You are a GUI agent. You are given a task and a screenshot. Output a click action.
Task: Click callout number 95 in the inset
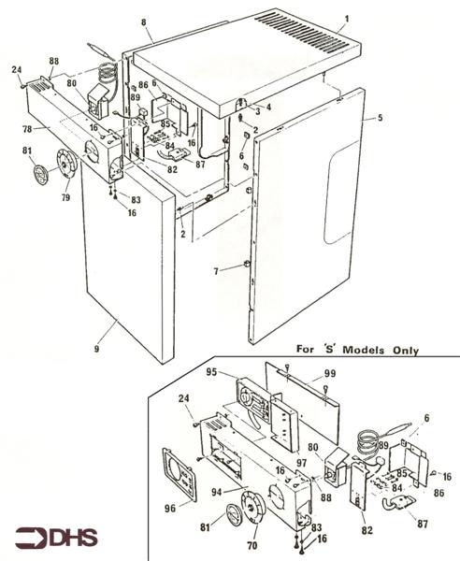212,373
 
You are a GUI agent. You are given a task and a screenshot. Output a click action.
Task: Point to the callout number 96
171,511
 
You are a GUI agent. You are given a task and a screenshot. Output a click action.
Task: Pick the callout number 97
301,462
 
